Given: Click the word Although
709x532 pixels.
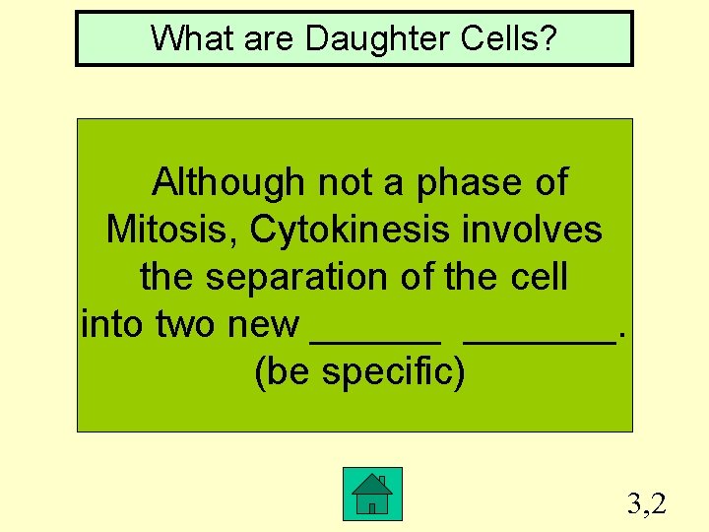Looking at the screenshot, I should point(228,182).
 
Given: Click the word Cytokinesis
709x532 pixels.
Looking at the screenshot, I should point(350,230).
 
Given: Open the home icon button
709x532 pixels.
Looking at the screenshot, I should point(372,494).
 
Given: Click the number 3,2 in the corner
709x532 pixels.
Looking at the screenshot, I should point(647,504).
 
